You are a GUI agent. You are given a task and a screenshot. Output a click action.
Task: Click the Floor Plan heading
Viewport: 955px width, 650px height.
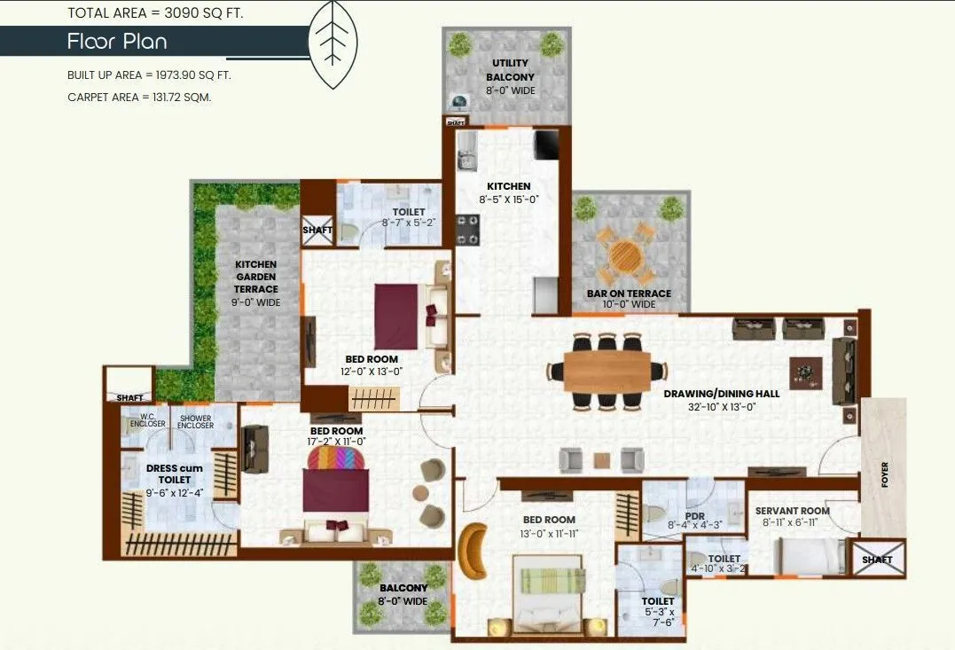coord(116,42)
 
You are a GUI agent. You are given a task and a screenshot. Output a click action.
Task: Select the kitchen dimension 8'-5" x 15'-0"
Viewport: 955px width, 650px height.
coord(508,200)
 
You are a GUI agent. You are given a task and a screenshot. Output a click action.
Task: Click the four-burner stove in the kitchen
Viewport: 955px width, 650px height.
coord(467,229)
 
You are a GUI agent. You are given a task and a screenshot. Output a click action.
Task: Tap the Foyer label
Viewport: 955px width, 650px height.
coord(884,474)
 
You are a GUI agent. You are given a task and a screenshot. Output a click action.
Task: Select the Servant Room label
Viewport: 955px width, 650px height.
coord(792,511)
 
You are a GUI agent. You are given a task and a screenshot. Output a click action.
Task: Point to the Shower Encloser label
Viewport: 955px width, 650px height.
coord(195,421)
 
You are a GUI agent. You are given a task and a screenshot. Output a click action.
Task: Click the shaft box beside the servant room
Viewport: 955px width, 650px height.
coord(877,560)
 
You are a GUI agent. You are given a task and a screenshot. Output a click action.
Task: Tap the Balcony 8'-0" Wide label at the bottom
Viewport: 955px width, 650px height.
coord(403,594)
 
